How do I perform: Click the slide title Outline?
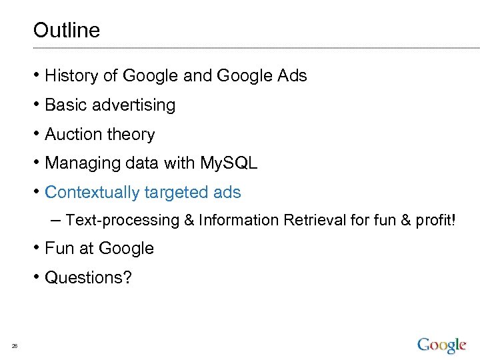point(66,30)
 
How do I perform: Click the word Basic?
point(66,105)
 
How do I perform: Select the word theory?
point(131,135)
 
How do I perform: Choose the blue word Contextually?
point(90,193)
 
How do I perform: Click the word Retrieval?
point(311,220)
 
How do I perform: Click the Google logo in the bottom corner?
point(441,345)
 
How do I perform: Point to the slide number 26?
point(14,345)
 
